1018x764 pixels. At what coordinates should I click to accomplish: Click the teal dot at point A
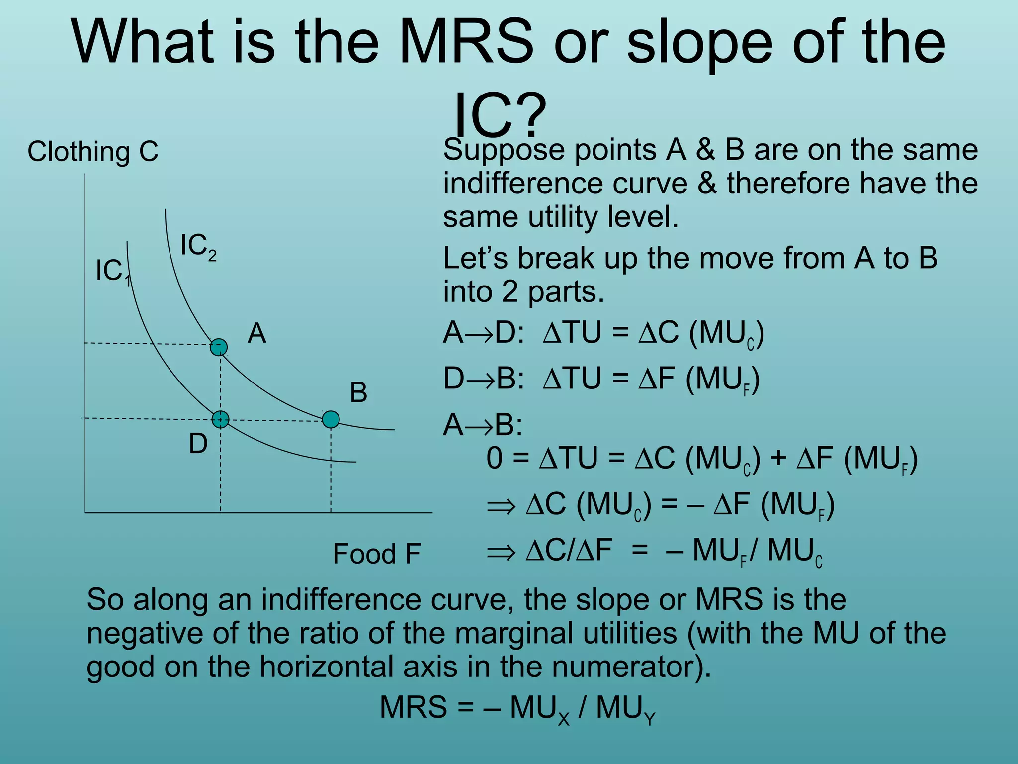click(219, 347)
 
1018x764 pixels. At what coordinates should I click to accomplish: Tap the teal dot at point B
click(331, 419)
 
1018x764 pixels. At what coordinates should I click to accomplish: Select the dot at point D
click(220, 419)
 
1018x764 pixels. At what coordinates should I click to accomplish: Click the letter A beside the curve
click(257, 333)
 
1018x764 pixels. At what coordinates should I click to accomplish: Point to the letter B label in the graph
click(358, 392)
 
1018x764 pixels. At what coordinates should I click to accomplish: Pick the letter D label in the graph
click(198, 443)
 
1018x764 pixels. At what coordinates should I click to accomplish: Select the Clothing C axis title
click(93, 151)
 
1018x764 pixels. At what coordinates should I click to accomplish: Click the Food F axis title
click(377, 554)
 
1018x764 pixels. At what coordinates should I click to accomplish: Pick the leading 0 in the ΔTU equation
click(495, 458)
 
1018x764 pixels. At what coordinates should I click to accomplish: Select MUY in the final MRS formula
click(626, 708)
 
